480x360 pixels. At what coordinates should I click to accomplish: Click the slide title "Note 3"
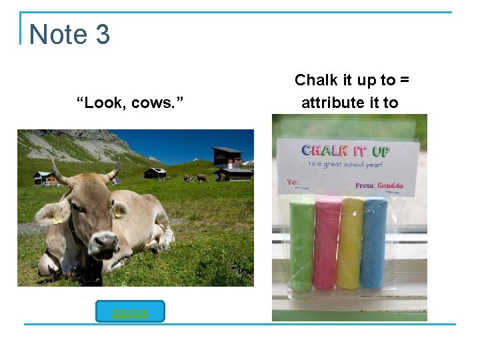pyautogui.click(x=69, y=34)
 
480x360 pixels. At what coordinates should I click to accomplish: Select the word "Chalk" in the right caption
pyautogui.click(x=316, y=81)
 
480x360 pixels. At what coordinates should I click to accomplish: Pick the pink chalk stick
pyautogui.click(x=327, y=243)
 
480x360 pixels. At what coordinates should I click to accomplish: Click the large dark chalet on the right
pyautogui.click(x=229, y=164)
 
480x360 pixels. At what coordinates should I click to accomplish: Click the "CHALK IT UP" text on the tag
pyautogui.click(x=345, y=150)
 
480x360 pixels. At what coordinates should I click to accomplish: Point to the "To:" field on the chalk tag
pyautogui.click(x=293, y=181)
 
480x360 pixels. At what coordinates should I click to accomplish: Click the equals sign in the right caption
pyautogui.click(x=404, y=81)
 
